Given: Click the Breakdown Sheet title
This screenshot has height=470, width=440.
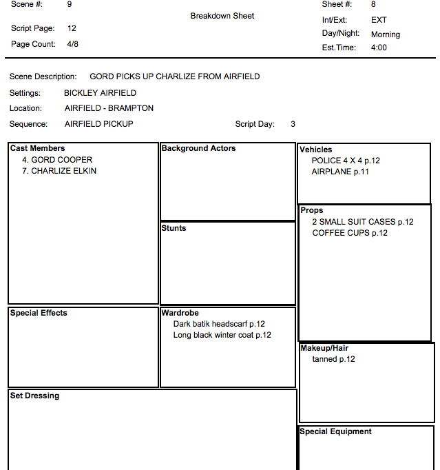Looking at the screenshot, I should pyautogui.click(x=222, y=16).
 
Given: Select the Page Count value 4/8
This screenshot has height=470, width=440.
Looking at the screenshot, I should pyautogui.click(x=72, y=44).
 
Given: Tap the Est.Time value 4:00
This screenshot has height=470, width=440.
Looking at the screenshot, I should pyautogui.click(x=379, y=48).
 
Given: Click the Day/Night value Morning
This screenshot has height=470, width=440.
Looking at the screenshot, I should pyautogui.click(x=385, y=34).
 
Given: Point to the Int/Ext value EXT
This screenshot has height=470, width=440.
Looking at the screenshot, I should pyautogui.click(x=379, y=20).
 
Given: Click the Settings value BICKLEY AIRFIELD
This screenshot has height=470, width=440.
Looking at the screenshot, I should pyautogui.click(x=100, y=93).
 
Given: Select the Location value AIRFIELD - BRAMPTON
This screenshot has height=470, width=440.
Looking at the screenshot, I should pyautogui.click(x=109, y=108).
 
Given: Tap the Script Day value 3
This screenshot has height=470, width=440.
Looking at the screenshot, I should pyautogui.click(x=293, y=124).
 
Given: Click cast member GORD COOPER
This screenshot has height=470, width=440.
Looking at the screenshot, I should pyautogui.click(x=57, y=160).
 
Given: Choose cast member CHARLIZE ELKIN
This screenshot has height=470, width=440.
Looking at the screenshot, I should pyautogui.click(x=59, y=171).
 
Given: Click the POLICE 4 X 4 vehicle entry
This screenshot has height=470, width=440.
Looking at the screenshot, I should pyautogui.click(x=346, y=161).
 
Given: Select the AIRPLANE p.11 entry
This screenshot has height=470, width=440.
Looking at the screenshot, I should pyautogui.click(x=340, y=172).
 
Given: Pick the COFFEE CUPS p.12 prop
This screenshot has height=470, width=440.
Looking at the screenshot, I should pyautogui.click(x=350, y=233).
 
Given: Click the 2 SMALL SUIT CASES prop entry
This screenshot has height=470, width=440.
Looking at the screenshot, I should pyautogui.click(x=362, y=222).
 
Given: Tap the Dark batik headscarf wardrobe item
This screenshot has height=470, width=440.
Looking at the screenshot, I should pyautogui.click(x=219, y=324).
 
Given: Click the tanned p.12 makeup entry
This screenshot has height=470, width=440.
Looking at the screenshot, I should pyautogui.click(x=333, y=359).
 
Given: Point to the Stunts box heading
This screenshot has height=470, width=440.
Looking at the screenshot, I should pyautogui.click(x=174, y=228).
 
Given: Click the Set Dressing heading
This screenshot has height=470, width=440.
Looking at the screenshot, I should pyautogui.click(x=34, y=396).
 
